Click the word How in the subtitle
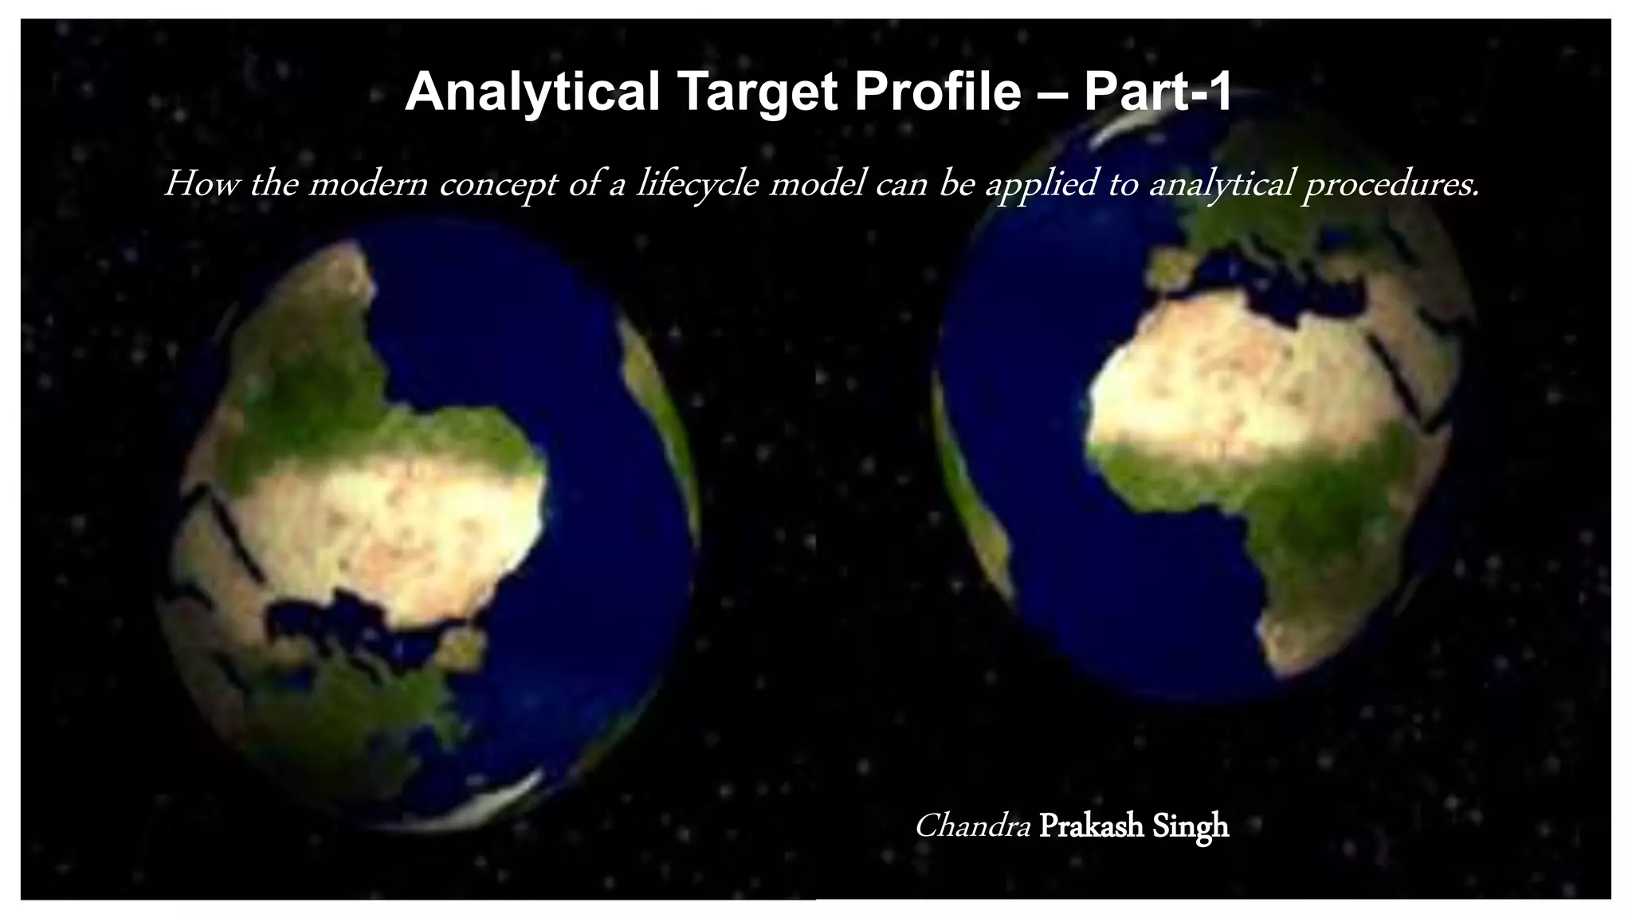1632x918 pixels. coord(190,185)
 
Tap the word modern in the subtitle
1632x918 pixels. coord(367,185)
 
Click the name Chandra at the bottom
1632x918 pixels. coord(972,826)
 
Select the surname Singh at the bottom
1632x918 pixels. coord(1192,826)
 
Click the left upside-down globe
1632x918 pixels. coord(430,526)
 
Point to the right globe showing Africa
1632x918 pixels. coord(1203,398)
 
